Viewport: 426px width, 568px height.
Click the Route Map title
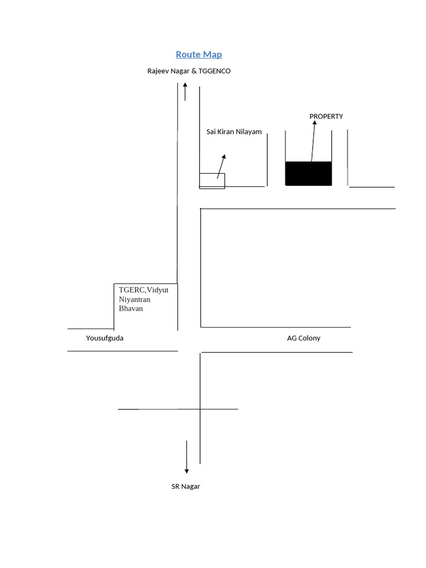click(199, 54)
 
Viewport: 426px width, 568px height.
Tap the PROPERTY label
click(326, 116)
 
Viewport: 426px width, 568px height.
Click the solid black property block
click(308, 174)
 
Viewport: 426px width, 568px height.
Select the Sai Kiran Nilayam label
click(234, 132)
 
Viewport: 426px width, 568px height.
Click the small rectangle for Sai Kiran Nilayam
click(212, 181)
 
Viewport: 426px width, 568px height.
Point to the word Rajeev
click(158, 71)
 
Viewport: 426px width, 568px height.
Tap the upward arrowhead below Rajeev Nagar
click(185, 84)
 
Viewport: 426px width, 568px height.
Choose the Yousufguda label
click(105, 338)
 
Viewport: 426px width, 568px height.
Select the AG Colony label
click(303, 338)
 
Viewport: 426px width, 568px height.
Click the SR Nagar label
click(185, 486)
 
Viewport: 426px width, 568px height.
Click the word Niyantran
click(135, 300)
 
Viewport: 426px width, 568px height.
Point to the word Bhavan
click(131, 308)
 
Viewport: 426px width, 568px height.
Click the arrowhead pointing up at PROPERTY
click(315, 123)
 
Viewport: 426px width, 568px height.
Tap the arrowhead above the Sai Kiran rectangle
click(224, 157)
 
